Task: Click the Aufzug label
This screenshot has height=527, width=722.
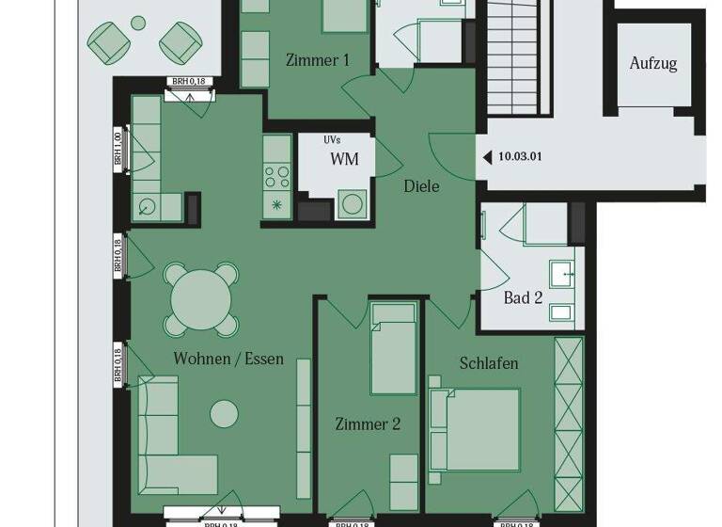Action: [x=653, y=64]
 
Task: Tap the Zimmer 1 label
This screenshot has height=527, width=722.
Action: [x=318, y=60]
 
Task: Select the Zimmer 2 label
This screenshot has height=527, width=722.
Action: [x=368, y=424]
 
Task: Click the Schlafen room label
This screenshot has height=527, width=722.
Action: [x=489, y=363]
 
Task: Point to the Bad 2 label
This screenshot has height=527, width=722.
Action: [x=523, y=298]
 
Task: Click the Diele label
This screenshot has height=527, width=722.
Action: [x=421, y=185]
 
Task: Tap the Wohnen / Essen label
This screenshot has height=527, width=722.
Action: [x=228, y=359]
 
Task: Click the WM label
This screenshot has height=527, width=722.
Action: [x=344, y=159]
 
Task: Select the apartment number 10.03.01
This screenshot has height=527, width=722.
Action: [x=520, y=157]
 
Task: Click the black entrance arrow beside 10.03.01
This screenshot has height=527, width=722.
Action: [x=485, y=157]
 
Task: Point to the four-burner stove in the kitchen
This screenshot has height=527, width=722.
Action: [x=277, y=175]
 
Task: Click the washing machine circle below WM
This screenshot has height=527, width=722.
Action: [x=352, y=204]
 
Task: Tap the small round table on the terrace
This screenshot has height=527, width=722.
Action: [x=138, y=23]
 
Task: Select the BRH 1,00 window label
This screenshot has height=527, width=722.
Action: [x=118, y=150]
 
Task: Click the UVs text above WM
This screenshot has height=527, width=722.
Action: [x=332, y=140]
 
